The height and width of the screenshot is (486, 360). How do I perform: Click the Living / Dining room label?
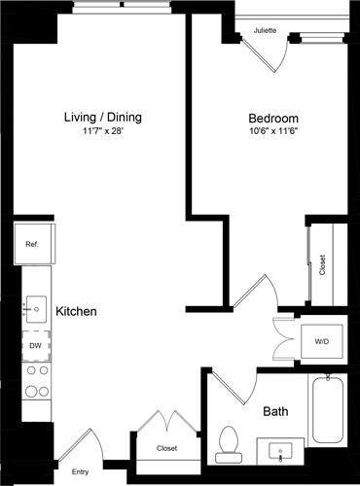click(x=102, y=118)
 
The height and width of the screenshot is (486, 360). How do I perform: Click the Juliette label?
click(x=265, y=30)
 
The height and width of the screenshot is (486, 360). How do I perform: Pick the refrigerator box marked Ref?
click(x=32, y=244)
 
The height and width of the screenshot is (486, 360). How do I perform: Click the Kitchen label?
click(x=75, y=312)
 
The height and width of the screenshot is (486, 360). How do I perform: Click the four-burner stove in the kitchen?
click(x=36, y=381)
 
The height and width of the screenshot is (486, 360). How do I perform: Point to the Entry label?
click(x=80, y=472)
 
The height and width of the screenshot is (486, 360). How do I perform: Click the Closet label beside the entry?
click(x=166, y=448)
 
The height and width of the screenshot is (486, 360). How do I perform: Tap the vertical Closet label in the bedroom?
click(x=323, y=265)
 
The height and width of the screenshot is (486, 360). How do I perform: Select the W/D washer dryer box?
click(x=320, y=341)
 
